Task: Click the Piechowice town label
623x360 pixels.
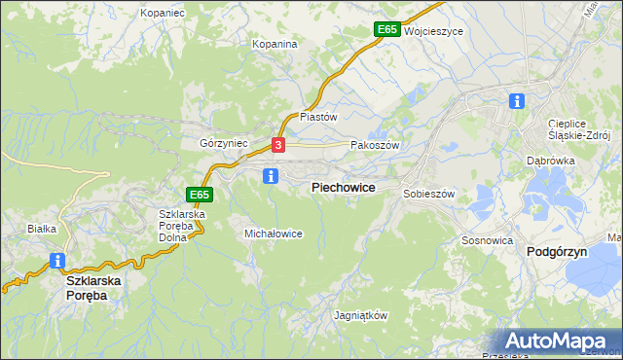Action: coord(343,186)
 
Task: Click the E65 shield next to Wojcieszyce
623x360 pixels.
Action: coord(386,30)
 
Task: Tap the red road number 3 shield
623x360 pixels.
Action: coord(278,145)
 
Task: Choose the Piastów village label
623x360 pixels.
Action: coord(317,116)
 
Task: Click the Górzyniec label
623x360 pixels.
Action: coord(224,142)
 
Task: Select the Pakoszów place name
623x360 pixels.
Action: coord(375,144)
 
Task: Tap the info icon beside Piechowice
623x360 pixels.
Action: coord(272,176)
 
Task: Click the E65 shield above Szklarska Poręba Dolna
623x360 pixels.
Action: coord(200,195)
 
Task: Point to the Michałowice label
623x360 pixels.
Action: coord(274,234)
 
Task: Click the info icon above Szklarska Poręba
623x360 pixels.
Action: coord(56,261)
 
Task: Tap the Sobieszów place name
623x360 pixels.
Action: coord(429,194)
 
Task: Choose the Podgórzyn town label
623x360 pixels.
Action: coord(555,251)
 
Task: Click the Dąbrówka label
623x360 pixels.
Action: coord(551,161)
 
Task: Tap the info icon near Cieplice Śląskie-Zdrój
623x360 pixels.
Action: coord(517,100)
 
